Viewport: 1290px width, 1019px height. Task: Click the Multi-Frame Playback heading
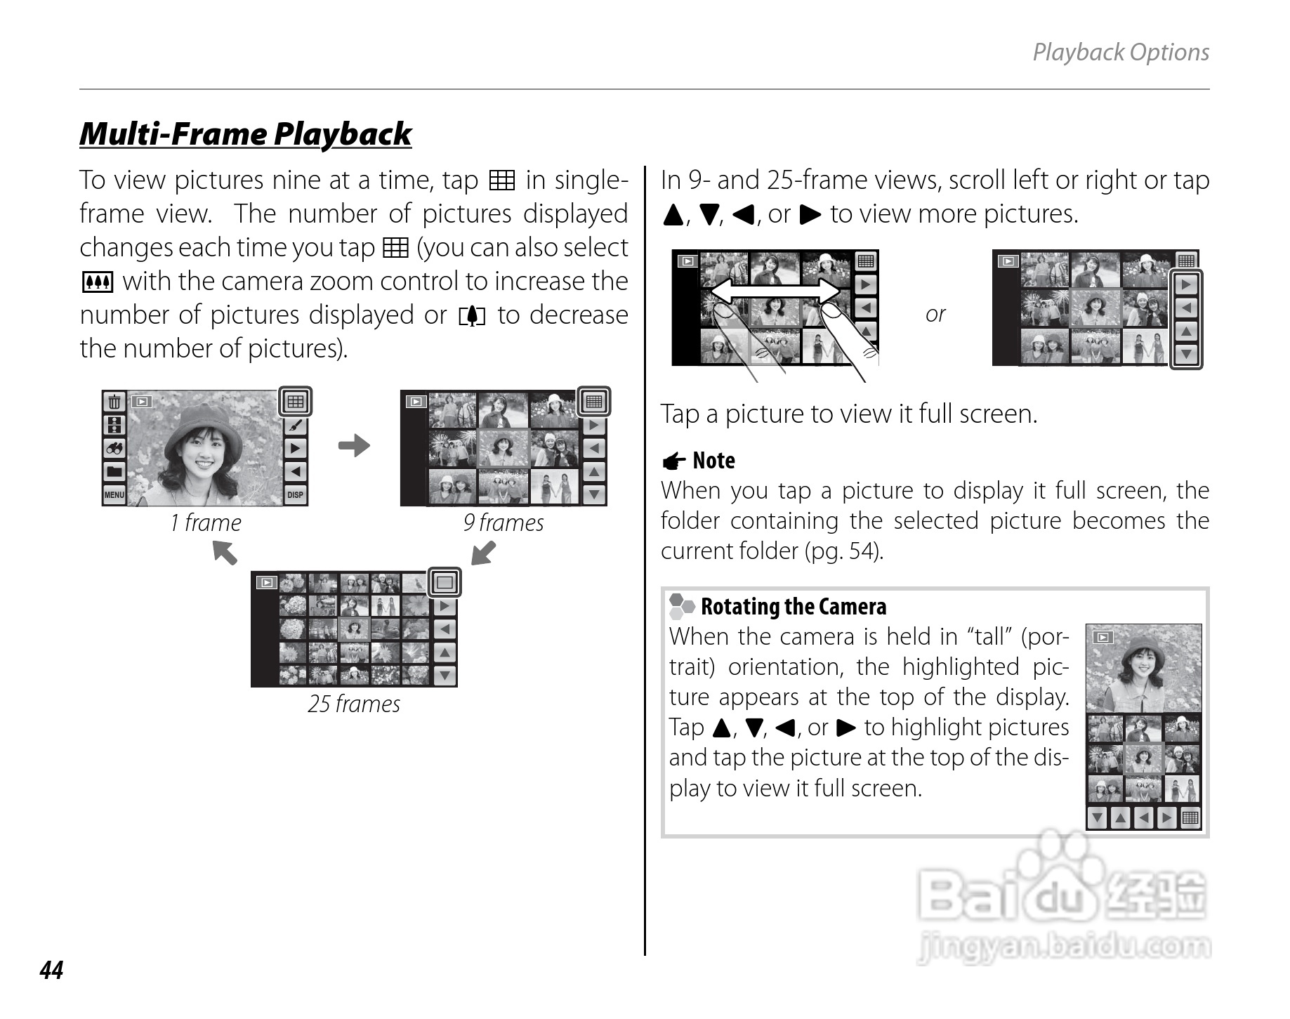click(245, 133)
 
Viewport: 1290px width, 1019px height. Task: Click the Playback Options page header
click(1121, 52)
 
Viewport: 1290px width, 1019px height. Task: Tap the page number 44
click(52, 970)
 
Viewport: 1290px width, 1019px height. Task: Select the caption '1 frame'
click(206, 522)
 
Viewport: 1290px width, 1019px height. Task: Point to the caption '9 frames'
click(504, 522)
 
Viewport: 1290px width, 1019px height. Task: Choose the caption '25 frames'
click(354, 704)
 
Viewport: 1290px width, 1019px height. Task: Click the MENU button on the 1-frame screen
click(114, 495)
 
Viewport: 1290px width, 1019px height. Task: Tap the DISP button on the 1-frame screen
click(296, 495)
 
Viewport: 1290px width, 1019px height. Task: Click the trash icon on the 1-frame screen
click(114, 402)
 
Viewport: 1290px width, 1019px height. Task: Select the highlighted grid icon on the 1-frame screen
click(296, 402)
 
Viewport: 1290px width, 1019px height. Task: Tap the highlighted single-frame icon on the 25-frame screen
click(445, 582)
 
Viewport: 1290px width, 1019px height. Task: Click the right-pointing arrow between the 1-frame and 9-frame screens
click(354, 445)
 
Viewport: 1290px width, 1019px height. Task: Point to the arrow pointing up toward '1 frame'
click(225, 552)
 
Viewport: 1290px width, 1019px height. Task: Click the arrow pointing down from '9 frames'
click(483, 553)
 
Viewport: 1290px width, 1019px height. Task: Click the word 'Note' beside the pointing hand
click(713, 461)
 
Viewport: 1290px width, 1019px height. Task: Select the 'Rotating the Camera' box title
click(794, 607)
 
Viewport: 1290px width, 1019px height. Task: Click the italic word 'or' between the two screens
click(935, 314)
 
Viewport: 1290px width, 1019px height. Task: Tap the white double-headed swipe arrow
click(775, 290)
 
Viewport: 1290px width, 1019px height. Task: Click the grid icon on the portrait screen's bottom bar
click(1190, 817)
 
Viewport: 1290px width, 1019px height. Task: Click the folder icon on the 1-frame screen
click(114, 471)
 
